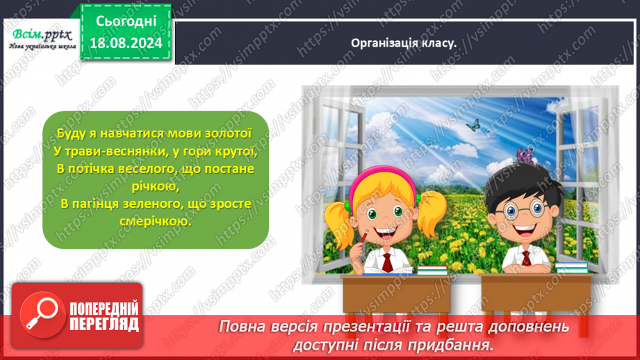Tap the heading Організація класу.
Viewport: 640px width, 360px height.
point(404,42)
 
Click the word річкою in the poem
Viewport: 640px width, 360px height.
point(155,186)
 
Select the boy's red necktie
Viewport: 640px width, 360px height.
point(527,260)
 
